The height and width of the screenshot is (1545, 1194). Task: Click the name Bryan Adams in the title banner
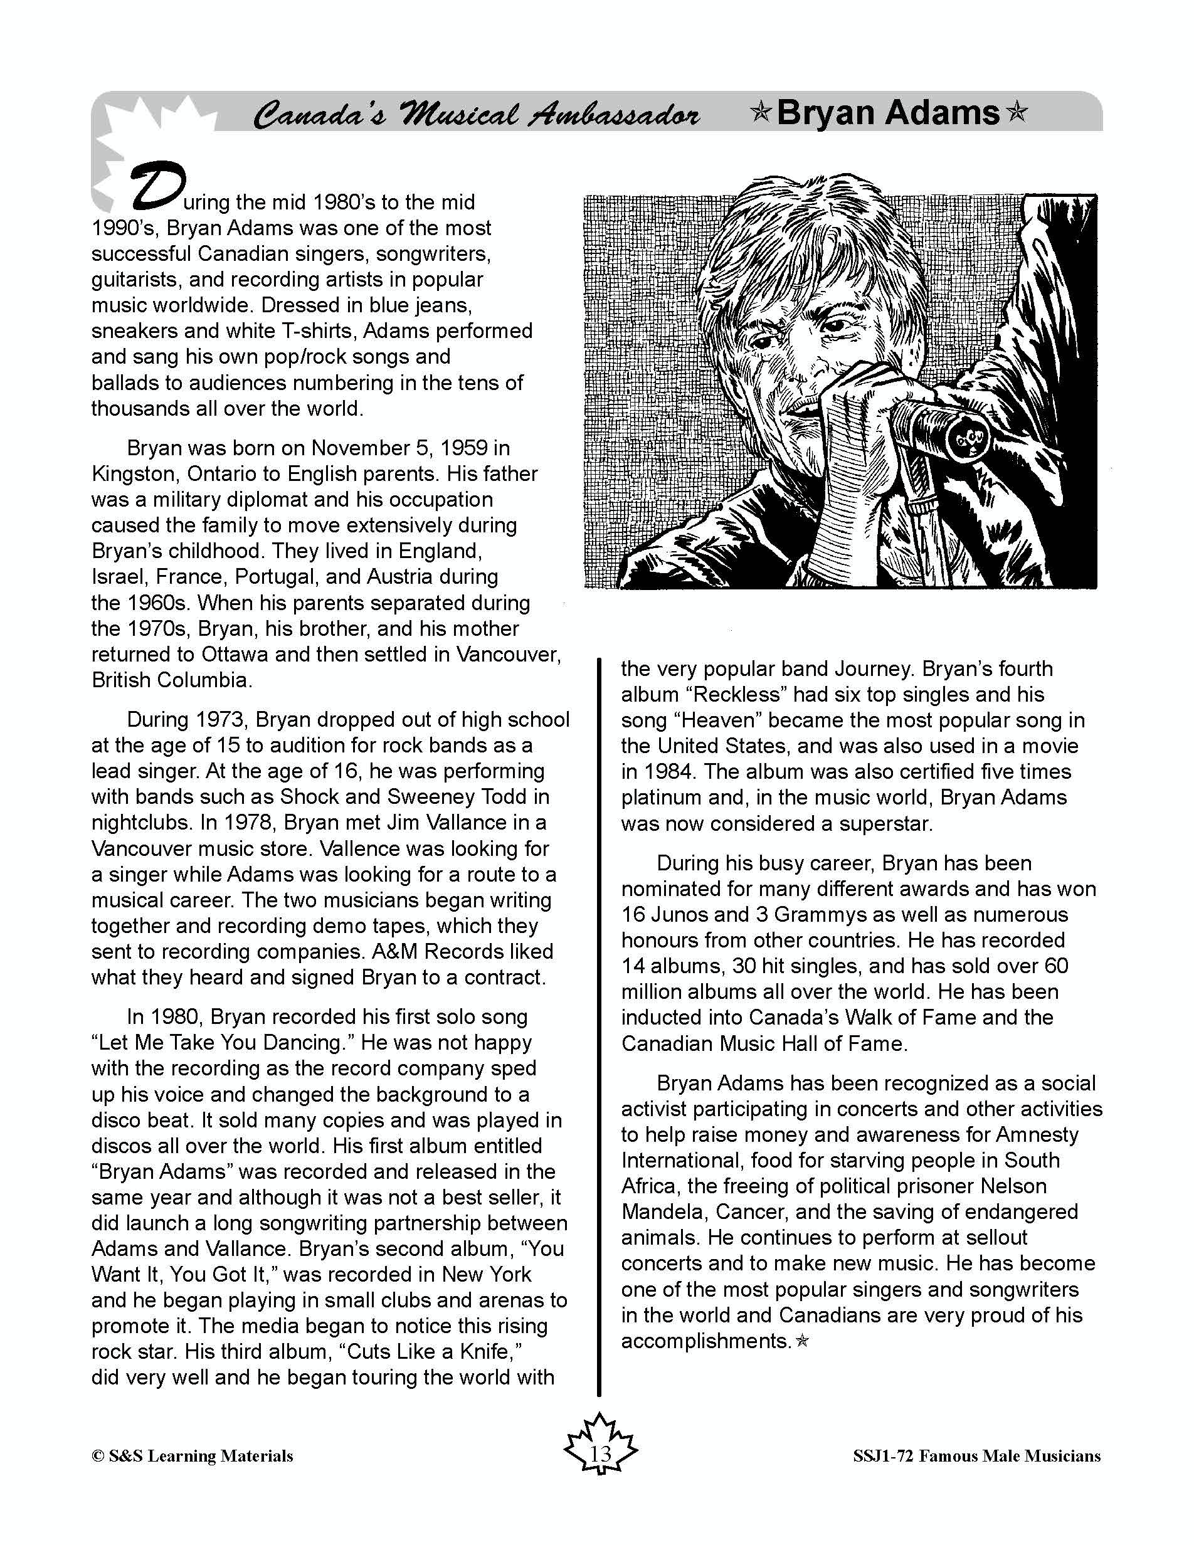coord(888,113)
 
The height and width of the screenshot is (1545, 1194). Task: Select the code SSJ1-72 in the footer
coord(882,1456)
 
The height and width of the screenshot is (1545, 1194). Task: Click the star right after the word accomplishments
coord(801,1341)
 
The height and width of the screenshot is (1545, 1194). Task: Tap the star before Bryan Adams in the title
coord(761,113)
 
